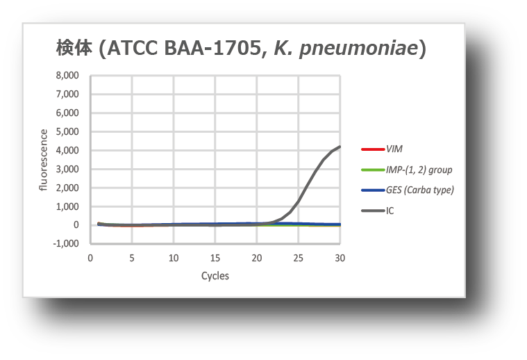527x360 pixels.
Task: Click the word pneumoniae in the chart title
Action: tap(358, 48)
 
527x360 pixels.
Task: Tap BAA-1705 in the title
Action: tap(212, 48)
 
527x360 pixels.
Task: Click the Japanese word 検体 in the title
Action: tap(74, 48)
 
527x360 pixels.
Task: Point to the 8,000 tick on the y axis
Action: tap(67, 75)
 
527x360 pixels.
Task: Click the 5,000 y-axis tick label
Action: tap(67, 131)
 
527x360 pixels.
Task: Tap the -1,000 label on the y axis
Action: tap(66, 243)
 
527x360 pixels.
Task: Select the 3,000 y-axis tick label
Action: tap(67, 169)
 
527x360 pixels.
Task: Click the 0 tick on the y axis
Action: tap(76, 224)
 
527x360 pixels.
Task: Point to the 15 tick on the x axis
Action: tap(215, 258)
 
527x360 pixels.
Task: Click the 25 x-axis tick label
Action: tap(298, 258)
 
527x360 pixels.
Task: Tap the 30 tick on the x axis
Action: tap(340, 258)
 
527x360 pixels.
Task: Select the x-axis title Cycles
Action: tap(215, 276)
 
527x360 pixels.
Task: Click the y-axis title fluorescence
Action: tap(43, 160)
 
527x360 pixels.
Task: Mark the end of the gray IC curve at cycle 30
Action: tap(340, 147)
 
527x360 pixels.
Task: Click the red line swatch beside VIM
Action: tap(373, 149)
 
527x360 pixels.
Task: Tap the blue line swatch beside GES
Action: tap(373, 190)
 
